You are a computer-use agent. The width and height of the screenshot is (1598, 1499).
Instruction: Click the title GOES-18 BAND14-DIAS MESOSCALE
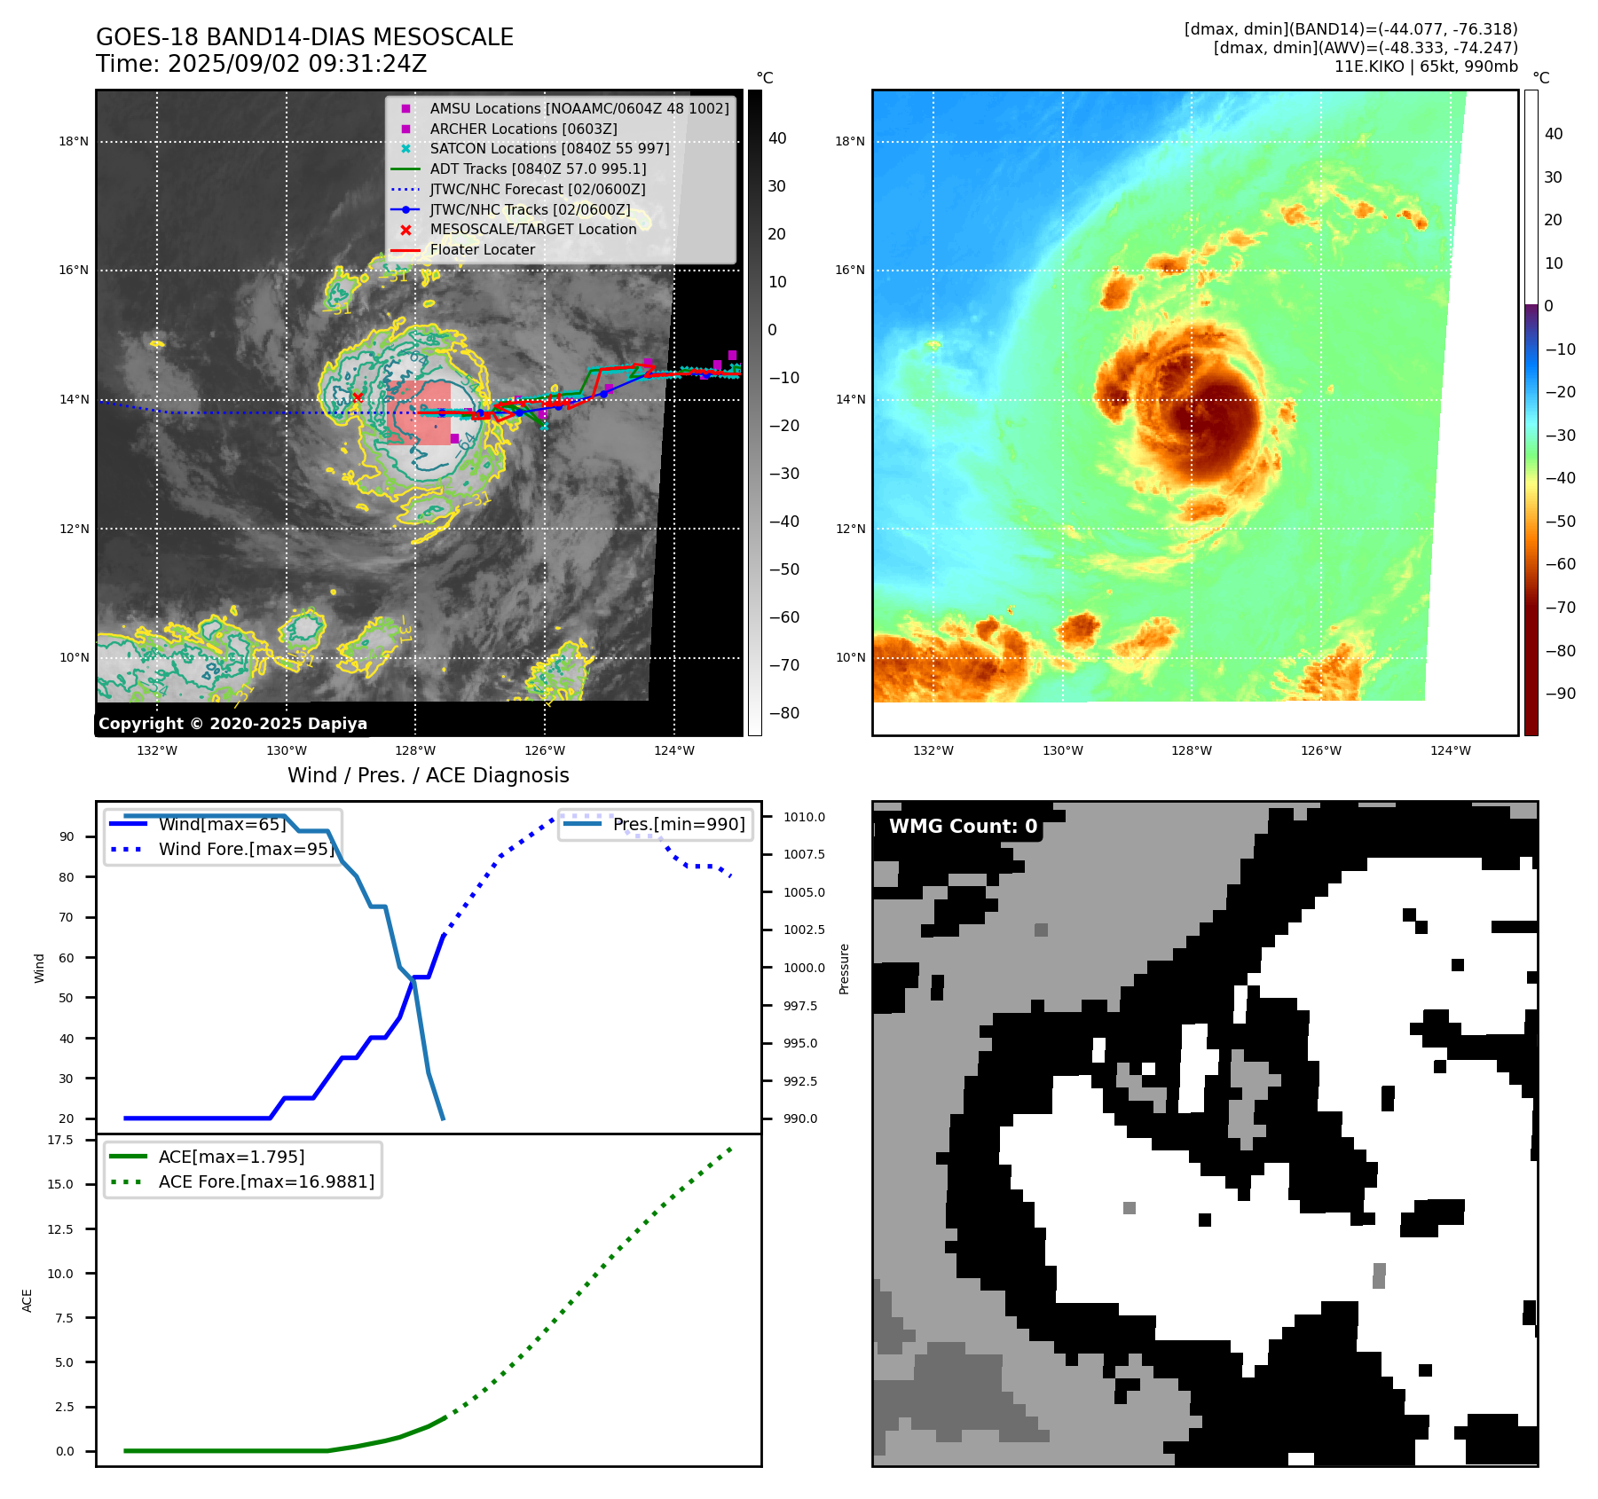(304, 37)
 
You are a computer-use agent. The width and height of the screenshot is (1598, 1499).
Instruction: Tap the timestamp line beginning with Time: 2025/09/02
(262, 64)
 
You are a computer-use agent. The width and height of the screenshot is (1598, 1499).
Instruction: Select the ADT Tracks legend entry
(538, 169)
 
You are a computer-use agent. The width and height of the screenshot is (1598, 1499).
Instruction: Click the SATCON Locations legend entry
(549, 148)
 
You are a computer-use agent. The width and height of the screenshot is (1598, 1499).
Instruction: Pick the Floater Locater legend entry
(482, 250)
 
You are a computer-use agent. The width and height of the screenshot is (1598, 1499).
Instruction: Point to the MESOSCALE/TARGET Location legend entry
(532, 230)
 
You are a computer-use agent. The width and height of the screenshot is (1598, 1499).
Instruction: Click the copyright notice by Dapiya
(232, 724)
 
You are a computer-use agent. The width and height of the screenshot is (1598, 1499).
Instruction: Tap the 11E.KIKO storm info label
(1425, 67)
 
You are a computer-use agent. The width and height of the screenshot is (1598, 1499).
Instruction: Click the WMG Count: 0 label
(963, 827)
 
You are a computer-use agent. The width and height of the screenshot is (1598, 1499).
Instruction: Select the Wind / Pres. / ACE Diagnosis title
(428, 775)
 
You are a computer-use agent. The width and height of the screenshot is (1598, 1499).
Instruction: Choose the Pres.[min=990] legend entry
(679, 824)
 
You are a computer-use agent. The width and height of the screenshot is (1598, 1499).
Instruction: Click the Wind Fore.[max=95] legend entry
(246, 849)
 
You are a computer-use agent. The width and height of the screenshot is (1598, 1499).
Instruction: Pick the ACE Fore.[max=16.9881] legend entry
(266, 1181)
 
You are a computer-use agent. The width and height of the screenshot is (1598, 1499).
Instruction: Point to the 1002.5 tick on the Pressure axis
(803, 930)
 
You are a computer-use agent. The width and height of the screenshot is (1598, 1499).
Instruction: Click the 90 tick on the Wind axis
(67, 836)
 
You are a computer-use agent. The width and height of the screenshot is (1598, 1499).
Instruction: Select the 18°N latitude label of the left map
(74, 141)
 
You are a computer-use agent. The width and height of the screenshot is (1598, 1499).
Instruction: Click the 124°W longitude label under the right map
(1450, 750)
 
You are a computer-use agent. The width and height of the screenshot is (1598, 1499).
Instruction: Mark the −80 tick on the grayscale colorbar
(783, 713)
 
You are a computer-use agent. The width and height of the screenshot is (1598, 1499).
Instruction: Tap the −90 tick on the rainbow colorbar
(1560, 694)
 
